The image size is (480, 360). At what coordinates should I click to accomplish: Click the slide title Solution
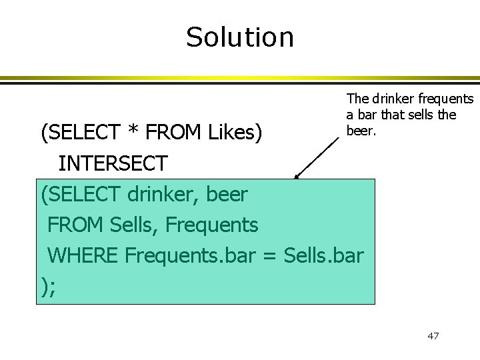239,37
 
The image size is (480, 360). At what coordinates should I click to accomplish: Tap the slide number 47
433,335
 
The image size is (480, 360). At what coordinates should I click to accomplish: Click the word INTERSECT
115,163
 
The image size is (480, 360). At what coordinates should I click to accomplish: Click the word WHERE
82,255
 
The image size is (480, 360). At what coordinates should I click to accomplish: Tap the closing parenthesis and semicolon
47,286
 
